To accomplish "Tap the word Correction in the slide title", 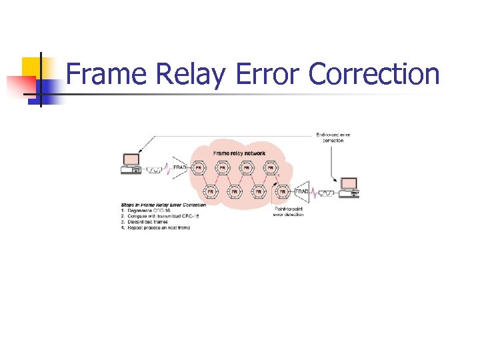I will click(374, 75).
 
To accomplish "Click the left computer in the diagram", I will click(131, 164).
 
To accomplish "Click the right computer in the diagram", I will click(349, 187).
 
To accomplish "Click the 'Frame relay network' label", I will click(239, 153).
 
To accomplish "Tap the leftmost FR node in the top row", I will click(199, 168).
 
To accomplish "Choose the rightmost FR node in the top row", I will click(271, 168).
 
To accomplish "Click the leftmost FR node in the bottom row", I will click(210, 192).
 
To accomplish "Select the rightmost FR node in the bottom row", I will click(283, 192).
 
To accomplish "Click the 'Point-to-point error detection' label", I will click(289, 212).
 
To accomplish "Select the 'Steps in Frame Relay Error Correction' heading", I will click(163, 205).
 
